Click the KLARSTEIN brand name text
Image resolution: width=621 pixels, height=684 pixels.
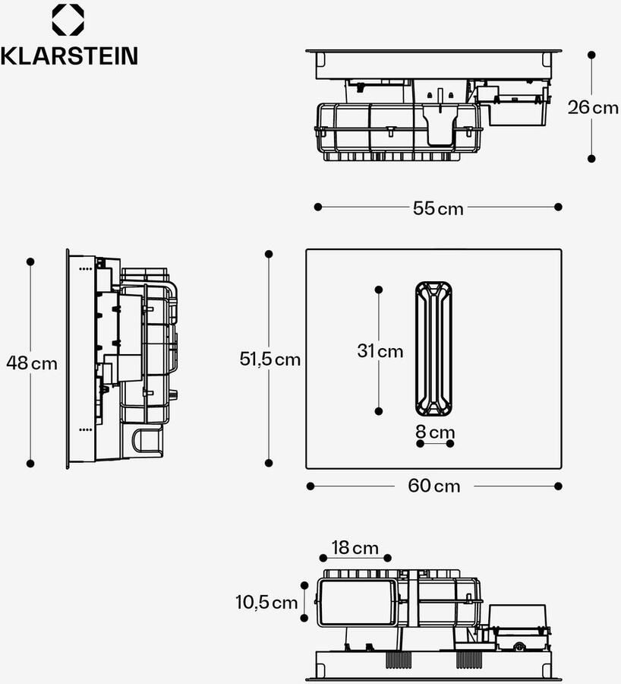[x=69, y=55]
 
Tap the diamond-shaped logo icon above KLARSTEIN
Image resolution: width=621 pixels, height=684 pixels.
[x=68, y=20]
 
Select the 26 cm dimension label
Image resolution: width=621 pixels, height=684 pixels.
[x=593, y=107]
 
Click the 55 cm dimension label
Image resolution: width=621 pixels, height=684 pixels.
[x=438, y=208]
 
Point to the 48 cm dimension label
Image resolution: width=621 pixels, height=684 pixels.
[x=32, y=363]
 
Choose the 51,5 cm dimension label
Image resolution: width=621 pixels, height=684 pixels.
[x=270, y=359]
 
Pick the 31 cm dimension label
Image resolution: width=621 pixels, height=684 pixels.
[x=380, y=351]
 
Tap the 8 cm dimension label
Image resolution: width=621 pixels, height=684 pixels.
[x=435, y=432]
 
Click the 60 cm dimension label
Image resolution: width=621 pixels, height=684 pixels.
[x=434, y=486]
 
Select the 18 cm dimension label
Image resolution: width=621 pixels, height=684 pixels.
[x=355, y=547]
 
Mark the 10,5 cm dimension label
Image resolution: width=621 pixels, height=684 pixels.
[x=266, y=603]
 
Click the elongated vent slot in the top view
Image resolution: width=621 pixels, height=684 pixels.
[x=433, y=349]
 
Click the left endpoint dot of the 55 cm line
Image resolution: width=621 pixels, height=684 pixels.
[x=318, y=207]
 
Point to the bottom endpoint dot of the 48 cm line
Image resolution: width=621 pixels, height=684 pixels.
[x=31, y=463]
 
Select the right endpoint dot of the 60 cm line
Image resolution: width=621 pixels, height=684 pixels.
[x=559, y=486]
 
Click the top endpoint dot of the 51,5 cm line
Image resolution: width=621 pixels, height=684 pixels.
[x=268, y=254]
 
